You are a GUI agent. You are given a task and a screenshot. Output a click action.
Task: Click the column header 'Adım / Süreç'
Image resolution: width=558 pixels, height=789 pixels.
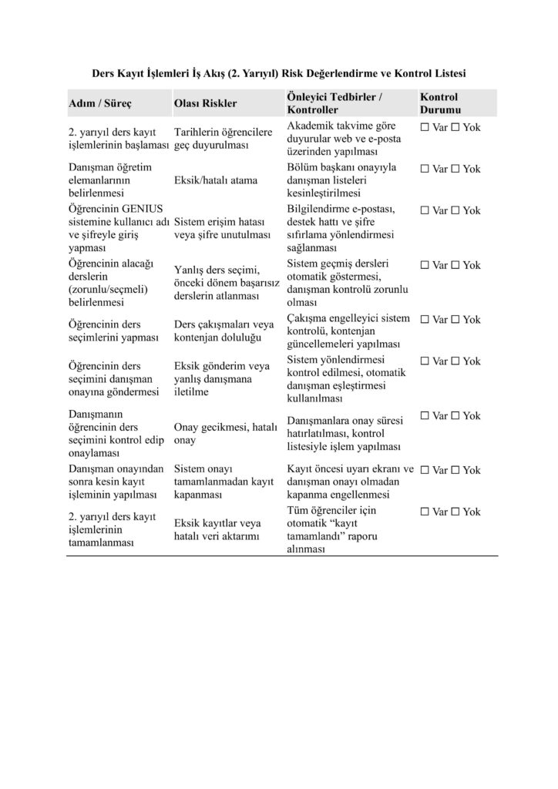(99, 102)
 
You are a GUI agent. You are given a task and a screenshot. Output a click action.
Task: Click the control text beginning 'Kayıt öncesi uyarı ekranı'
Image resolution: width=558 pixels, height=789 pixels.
(350, 481)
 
